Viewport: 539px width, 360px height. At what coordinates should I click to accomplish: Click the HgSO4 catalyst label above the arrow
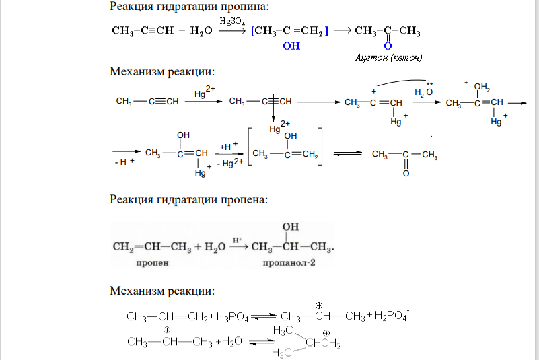click(232, 22)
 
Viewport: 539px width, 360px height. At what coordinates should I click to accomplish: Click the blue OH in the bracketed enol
click(291, 46)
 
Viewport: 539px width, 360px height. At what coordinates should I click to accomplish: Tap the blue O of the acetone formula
click(388, 46)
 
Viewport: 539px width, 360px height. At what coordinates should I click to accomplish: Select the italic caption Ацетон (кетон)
click(389, 57)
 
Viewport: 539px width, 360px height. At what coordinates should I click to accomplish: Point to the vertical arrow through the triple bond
click(273, 108)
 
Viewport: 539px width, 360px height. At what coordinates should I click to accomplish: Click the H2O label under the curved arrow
click(423, 92)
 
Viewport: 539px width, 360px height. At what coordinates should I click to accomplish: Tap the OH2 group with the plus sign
click(481, 87)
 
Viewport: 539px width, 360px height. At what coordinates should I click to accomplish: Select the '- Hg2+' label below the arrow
click(230, 163)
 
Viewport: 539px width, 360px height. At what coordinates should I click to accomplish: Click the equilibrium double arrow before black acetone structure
click(347, 153)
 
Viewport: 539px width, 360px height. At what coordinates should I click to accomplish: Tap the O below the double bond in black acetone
click(406, 174)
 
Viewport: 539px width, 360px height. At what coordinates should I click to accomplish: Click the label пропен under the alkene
click(152, 263)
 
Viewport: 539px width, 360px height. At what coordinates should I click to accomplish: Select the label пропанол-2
click(289, 263)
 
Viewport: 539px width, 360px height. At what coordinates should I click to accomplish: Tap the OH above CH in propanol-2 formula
click(291, 227)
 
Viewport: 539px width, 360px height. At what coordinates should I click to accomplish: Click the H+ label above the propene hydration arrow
click(238, 240)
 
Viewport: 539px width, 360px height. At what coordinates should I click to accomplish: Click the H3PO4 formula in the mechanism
click(232, 317)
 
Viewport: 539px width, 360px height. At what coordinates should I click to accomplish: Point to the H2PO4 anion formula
click(392, 316)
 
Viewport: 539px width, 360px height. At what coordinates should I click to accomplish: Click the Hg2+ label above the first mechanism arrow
click(205, 92)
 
